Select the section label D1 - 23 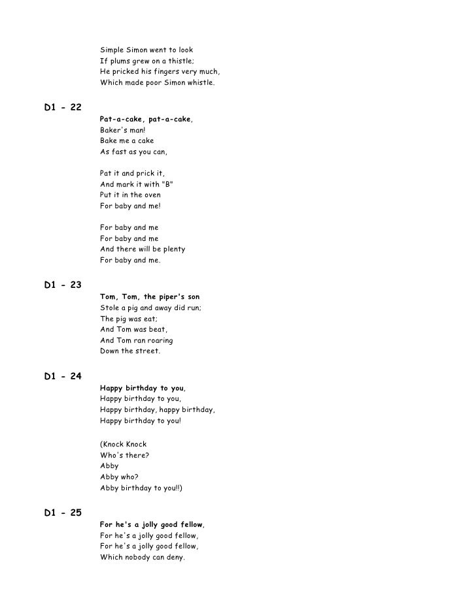[x=63, y=285]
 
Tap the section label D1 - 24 [x=63, y=376]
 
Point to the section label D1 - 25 [x=63, y=512]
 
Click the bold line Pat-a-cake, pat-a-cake [x=146, y=119]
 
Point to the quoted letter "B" [x=167, y=184]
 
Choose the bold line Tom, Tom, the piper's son [x=150, y=296]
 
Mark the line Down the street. [x=129, y=351]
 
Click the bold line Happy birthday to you [x=142, y=388]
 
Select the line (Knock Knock [x=123, y=444]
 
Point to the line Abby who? [x=118, y=477]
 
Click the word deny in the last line [x=173, y=557]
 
